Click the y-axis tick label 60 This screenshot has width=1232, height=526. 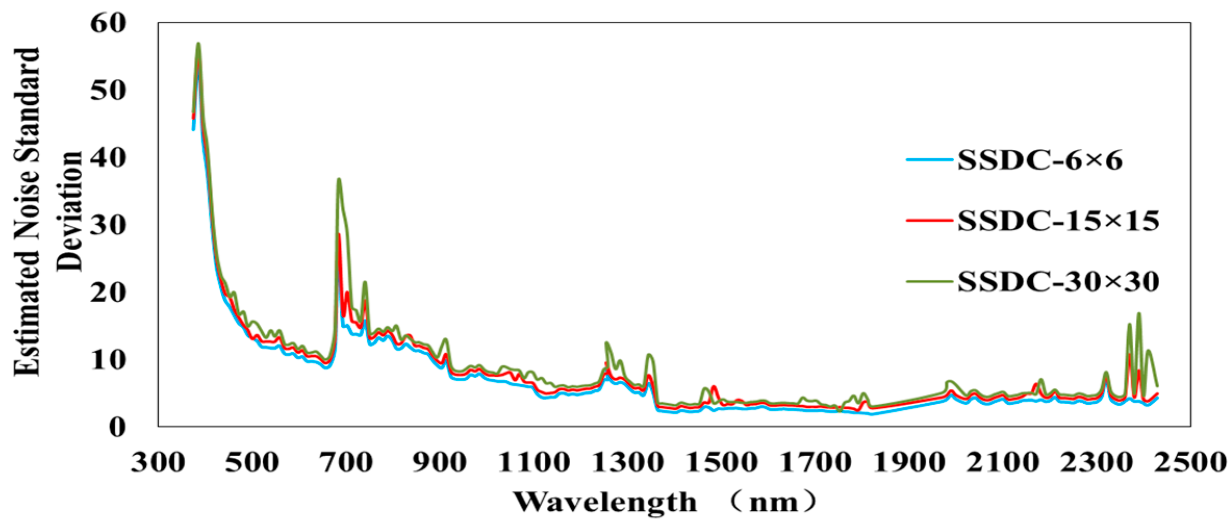tap(108, 23)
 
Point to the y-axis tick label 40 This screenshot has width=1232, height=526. tap(108, 158)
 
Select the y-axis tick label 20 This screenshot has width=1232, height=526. tap(108, 292)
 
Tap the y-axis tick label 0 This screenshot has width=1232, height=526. tap(117, 427)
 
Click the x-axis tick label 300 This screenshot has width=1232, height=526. tap(158, 462)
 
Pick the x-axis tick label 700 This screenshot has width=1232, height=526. tap(345, 462)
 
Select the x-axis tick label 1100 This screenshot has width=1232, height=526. tap(533, 462)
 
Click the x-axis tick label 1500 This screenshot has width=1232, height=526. tap(721, 462)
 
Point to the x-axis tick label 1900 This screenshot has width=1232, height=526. tap(908, 462)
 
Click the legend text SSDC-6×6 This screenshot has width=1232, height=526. tap(1039, 160)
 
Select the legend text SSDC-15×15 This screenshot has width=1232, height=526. tap(1058, 221)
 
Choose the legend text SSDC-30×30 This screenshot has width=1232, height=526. tap(1058, 282)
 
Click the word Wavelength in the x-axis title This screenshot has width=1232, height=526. tap(605, 503)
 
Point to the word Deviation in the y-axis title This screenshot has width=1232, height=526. tap(70, 211)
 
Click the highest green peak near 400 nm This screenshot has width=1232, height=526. tap(198, 44)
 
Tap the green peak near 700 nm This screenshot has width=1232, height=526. tap(339, 179)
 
